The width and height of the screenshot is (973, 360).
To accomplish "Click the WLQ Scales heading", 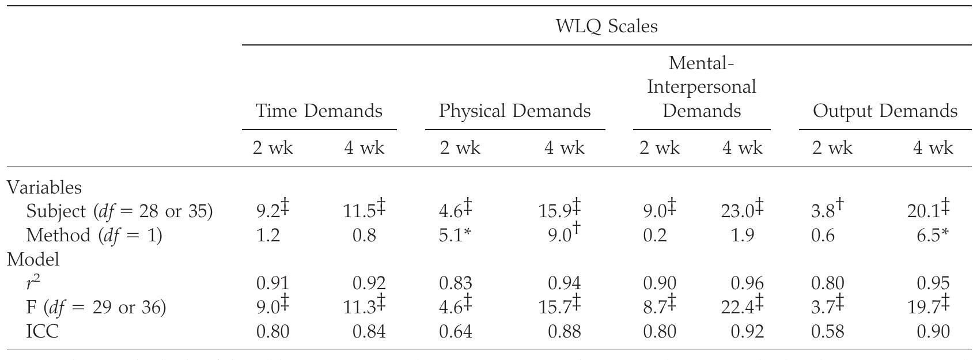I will coord(607,26).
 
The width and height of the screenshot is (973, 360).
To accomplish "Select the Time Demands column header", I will coord(319,111).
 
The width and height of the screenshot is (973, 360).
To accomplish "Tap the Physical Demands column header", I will coord(514,111).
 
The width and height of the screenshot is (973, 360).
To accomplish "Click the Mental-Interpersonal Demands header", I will coord(701,87).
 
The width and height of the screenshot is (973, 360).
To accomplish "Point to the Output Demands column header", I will coord(885,111).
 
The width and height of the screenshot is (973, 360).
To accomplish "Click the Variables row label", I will coord(44,187).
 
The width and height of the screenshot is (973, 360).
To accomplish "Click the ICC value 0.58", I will coord(827,332).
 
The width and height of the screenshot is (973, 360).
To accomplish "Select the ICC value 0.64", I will coord(456,332).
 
